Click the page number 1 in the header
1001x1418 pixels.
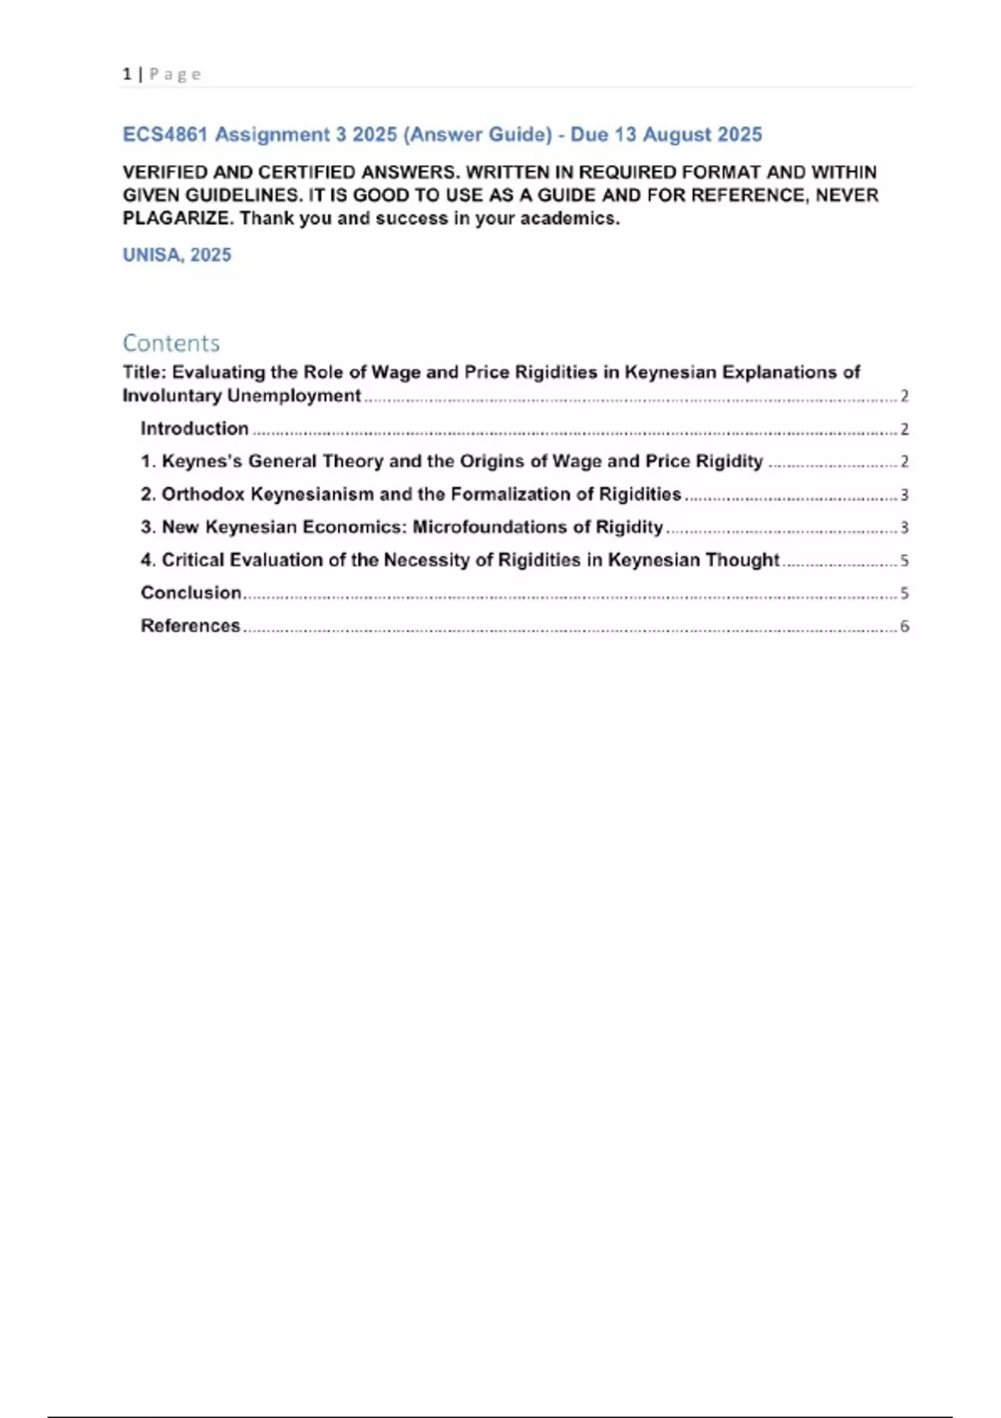127,74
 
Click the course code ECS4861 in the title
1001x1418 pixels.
164,135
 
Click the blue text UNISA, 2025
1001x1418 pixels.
177,255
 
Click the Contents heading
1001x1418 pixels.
171,343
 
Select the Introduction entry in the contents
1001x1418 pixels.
194,429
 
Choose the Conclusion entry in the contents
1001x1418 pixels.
191,593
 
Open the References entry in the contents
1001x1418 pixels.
190,626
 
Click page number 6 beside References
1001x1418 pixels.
904,626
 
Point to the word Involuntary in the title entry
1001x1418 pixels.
172,396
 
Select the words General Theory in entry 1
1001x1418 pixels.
316,461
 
